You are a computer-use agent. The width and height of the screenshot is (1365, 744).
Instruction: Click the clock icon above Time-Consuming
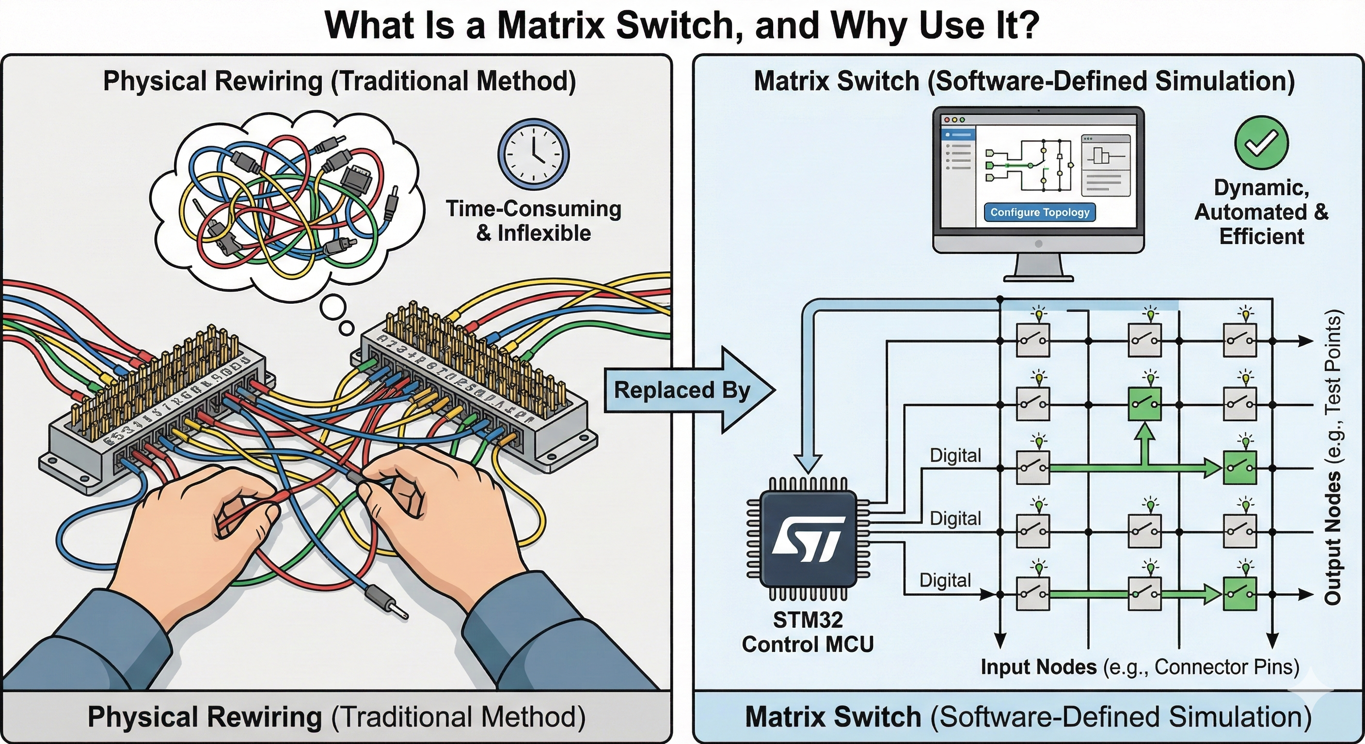[x=533, y=154]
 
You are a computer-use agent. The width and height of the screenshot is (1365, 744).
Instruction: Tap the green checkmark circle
[x=1261, y=142]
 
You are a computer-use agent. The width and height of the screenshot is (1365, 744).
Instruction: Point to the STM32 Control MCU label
[x=808, y=632]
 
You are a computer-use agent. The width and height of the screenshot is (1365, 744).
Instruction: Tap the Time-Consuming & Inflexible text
[x=533, y=221]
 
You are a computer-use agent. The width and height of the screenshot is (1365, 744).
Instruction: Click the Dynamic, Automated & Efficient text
[x=1261, y=212]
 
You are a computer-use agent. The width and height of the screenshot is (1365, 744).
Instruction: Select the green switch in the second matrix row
[x=1144, y=404]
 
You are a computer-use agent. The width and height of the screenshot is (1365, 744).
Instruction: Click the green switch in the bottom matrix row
[x=1239, y=594]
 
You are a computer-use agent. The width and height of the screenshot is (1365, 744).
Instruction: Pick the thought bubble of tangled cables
[x=286, y=201]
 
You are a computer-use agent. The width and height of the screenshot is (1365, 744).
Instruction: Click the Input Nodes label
[x=1038, y=667]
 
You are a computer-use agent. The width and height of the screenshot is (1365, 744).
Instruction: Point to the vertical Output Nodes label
[x=1333, y=458]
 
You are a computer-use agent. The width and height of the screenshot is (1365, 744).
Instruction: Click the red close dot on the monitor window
[x=947, y=120]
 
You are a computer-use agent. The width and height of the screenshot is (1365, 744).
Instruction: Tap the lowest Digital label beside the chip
[x=945, y=580]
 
